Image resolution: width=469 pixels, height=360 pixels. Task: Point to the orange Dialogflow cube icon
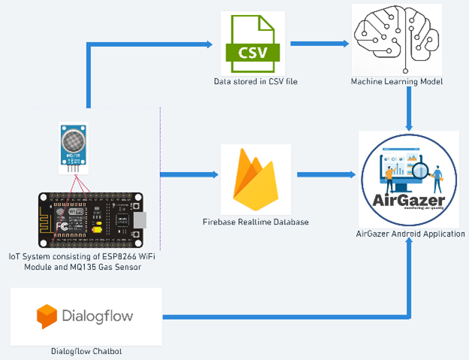point(47,316)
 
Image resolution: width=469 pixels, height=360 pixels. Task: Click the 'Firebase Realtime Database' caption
point(254,222)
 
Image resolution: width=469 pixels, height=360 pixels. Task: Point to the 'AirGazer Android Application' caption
point(410,234)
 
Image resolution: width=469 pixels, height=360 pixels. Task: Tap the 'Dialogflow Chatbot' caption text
point(86,351)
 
